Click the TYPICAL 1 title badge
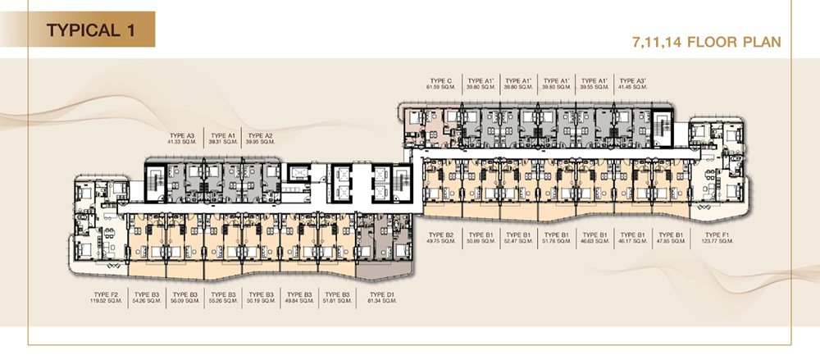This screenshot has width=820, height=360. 90,31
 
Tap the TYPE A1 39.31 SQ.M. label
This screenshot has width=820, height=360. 223,139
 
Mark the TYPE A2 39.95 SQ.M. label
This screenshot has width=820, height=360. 260,139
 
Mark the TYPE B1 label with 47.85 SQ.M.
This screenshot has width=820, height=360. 672,239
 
